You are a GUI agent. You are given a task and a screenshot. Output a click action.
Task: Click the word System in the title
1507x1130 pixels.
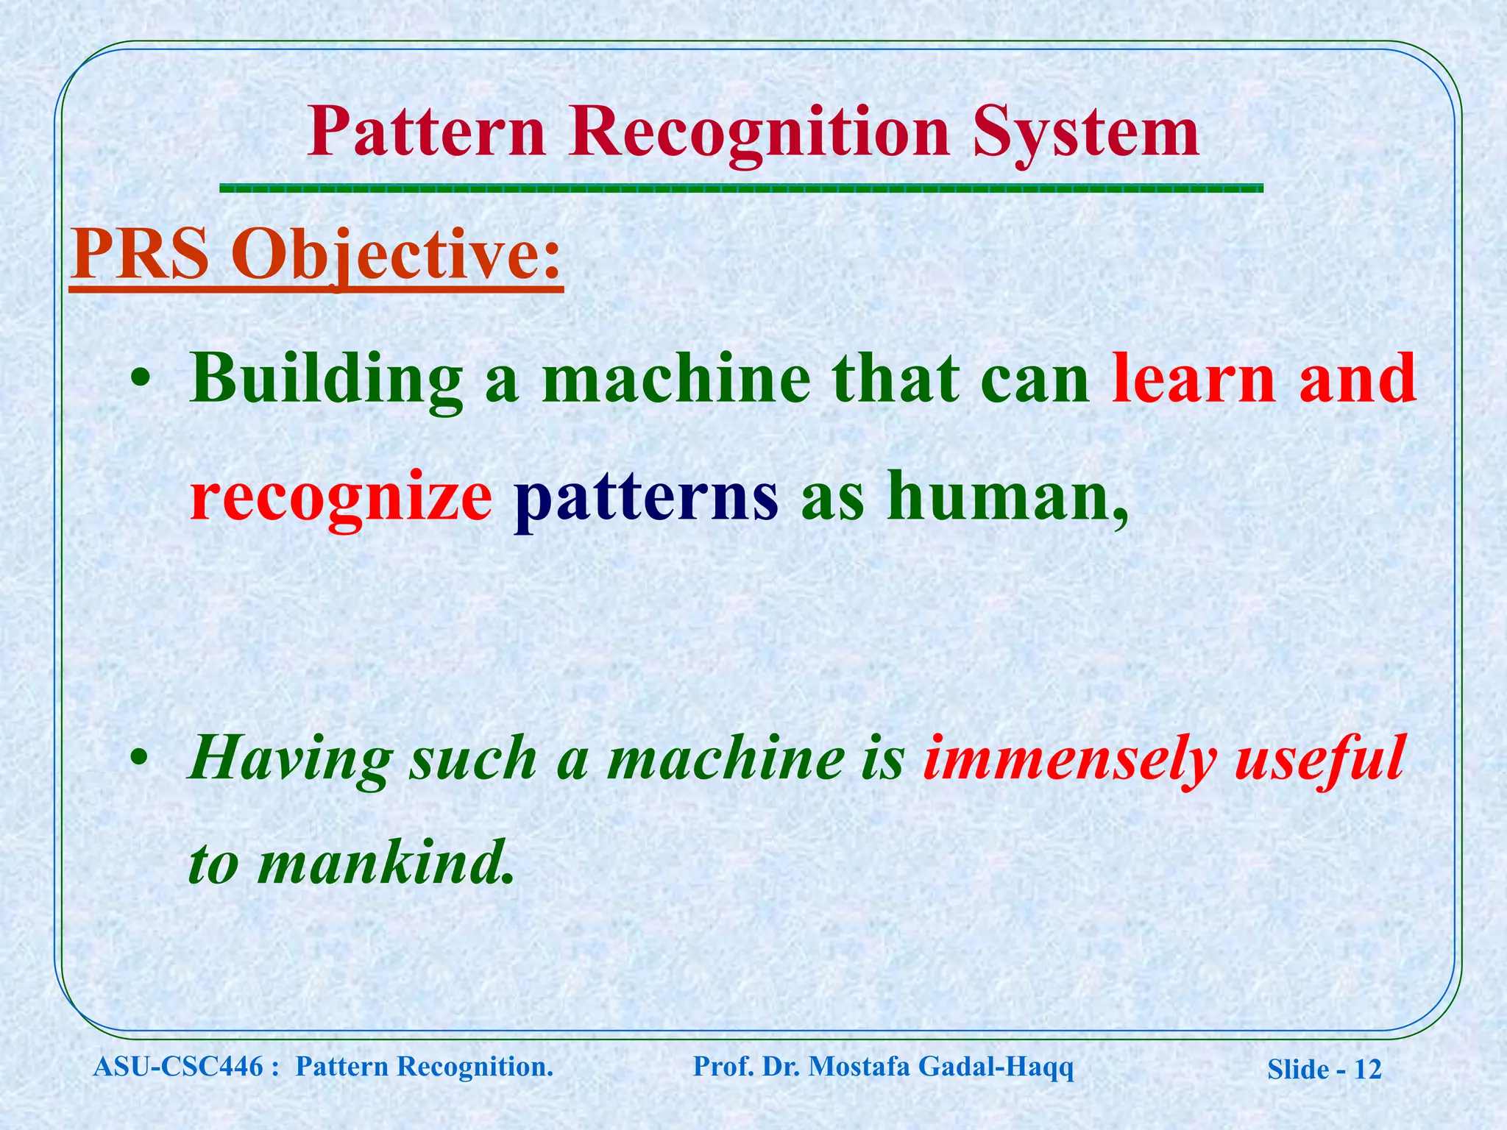tap(1085, 132)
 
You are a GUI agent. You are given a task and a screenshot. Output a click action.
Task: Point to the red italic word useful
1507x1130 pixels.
tap(1320, 758)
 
